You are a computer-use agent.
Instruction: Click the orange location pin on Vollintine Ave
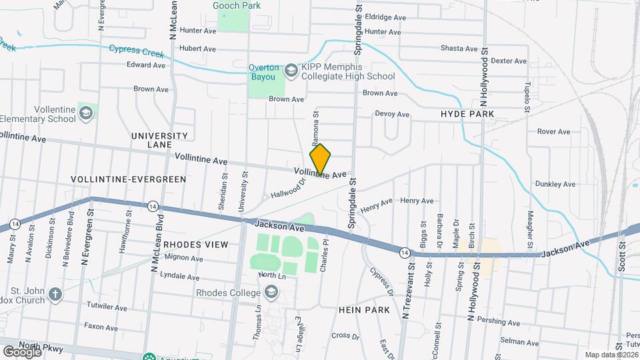(x=321, y=159)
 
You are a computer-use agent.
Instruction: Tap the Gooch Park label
(x=236, y=5)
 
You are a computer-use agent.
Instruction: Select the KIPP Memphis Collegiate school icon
(x=291, y=70)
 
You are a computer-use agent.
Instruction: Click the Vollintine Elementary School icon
(x=85, y=113)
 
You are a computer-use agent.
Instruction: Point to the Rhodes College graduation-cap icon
(x=271, y=291)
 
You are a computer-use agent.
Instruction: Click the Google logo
(x=22, y=351)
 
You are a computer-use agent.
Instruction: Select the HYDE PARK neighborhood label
(x=467, y=114)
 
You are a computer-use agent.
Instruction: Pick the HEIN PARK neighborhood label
(x=364, y=310)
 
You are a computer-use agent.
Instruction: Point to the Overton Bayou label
(x=263, y=72)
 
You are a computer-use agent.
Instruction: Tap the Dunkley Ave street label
(x=555, y=184)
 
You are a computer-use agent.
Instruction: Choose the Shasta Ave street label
(x=459, y=49)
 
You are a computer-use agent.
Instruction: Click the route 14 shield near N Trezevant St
(x=404, y=253)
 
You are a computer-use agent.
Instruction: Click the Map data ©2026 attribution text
(x=611, y=355)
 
